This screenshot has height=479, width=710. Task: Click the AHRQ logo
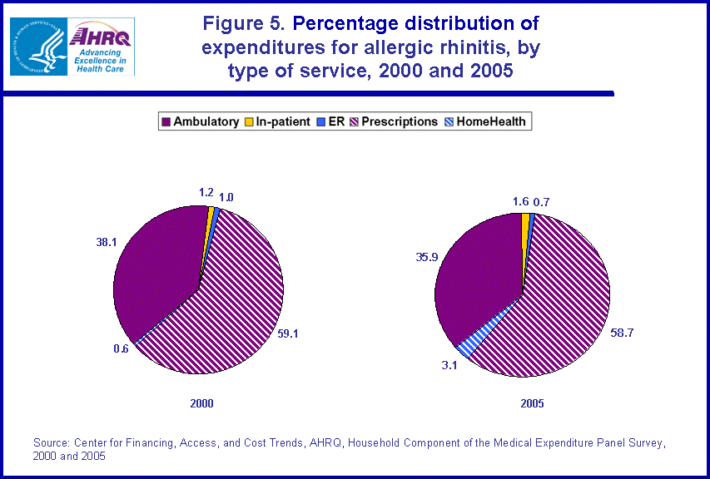click(x=102, y=46)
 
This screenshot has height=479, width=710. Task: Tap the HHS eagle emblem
click(x=37, y=46)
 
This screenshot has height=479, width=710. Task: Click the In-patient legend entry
click(x=279, y=121)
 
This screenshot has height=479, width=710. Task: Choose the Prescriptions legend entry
click(x=396, y=121)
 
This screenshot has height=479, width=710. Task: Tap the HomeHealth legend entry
click(x=489, y=121)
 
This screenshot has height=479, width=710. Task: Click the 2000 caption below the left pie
click(x=201, y=403)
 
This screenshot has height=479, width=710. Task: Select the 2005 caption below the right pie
click(x=533, y=403)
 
